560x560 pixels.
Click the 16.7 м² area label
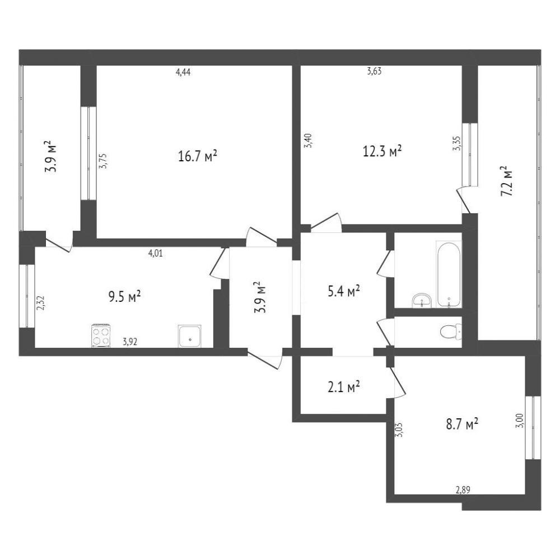(x=198, y=156)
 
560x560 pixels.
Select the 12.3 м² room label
(x=382, y=151)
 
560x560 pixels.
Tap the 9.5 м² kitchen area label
(x=124, y=296)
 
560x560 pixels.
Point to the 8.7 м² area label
(x=462, y=424)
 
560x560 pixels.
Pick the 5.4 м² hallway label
(x=343, y=291)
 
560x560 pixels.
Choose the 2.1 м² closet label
(x=343, y=386)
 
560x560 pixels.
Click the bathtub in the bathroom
(x=448, y=274)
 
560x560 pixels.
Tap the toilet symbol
(x=451, y=332)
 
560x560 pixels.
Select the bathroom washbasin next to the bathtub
(x=422, y=300)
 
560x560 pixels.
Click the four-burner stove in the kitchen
(x=101, y=335)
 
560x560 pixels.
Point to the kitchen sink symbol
(x=190, y=335)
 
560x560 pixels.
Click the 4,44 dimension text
(x=183, y=72)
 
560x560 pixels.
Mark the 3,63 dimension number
(x=374, y=72)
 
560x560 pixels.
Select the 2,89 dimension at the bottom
(x=463, y=490)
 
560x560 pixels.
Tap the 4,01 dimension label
(x=155, y=254)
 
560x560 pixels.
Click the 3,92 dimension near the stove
(x=130, y=342)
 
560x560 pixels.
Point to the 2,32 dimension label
(x=40, y=302)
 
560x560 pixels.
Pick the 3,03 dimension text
(x=399, y=430)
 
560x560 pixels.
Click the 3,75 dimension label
(x=104, y=161)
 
